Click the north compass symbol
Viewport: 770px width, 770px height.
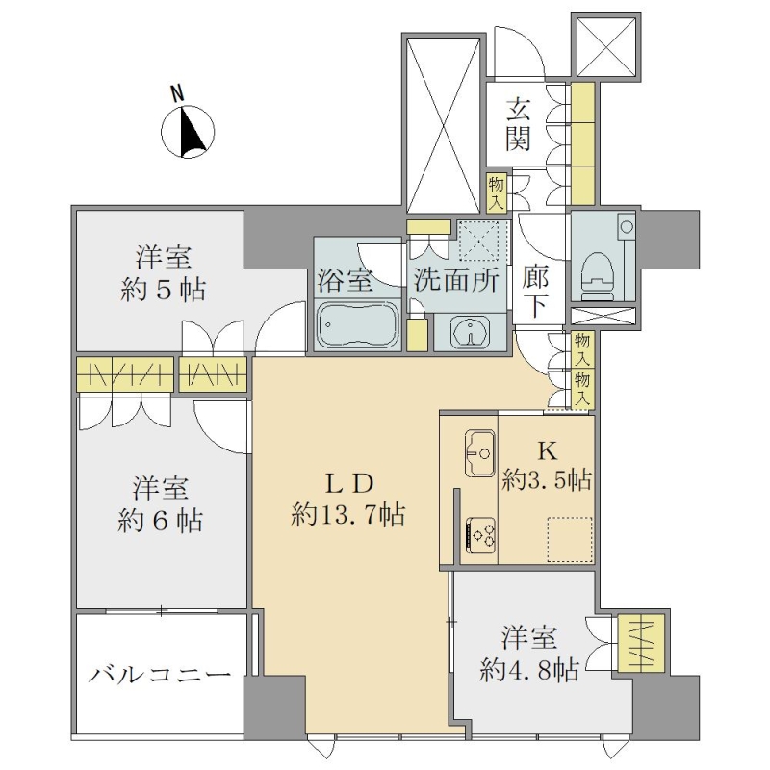click(x=188, y=132)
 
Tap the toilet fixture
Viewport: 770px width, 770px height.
click(x=598, y=275)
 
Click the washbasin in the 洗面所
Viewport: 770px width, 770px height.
click(x=470, y=332)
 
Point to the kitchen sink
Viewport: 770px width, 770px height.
click(x=479, y=452)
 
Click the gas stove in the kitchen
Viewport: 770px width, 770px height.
click(x=480, y=534)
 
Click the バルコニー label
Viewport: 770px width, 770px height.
click(x=160, y=675)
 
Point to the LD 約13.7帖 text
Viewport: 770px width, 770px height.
click(x=348, y=500)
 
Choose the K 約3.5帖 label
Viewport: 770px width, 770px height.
click(x=547, y=467)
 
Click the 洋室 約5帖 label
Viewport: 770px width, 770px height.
click(x=163, y=273)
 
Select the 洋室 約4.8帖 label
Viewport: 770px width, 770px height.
click(x=529, y=654)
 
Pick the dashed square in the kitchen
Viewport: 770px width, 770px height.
click(x=570, y=539)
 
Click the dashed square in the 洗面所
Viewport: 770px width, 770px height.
click(x=478, y=241)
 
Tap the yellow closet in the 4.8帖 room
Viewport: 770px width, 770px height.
click(x=642, y=643)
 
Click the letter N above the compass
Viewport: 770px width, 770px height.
click(x=177, y=93)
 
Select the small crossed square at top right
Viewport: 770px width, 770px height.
click(x=606, y=47)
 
